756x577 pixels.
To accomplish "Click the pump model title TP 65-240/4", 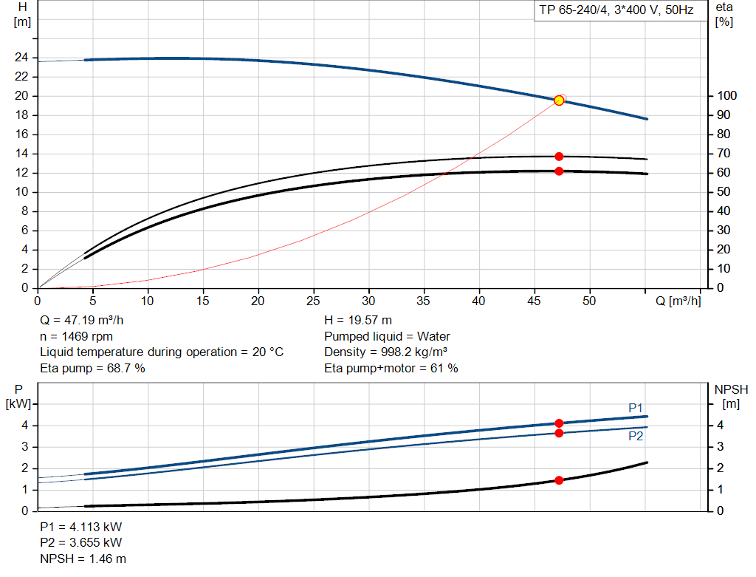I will click(x=617, y=10).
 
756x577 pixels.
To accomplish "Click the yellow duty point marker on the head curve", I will click(x=559, y=100).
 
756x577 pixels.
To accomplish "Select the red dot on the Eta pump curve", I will click(x=559, y=157).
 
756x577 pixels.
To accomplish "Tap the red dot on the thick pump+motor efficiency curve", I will click(x=559, y=171).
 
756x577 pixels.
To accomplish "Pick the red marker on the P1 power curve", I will click(x=559, y=423).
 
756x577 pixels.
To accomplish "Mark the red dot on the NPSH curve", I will click(x=559, y=480).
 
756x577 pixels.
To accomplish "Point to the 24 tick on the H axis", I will click(x=22, y=57).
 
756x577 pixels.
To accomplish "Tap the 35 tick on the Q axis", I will click(x=424, y=301).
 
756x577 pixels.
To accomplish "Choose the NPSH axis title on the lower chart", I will click(x=731, y=389).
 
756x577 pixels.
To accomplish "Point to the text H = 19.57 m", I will click(x=358, y=321).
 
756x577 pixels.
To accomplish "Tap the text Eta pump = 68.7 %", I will click(x=92, y=368).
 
